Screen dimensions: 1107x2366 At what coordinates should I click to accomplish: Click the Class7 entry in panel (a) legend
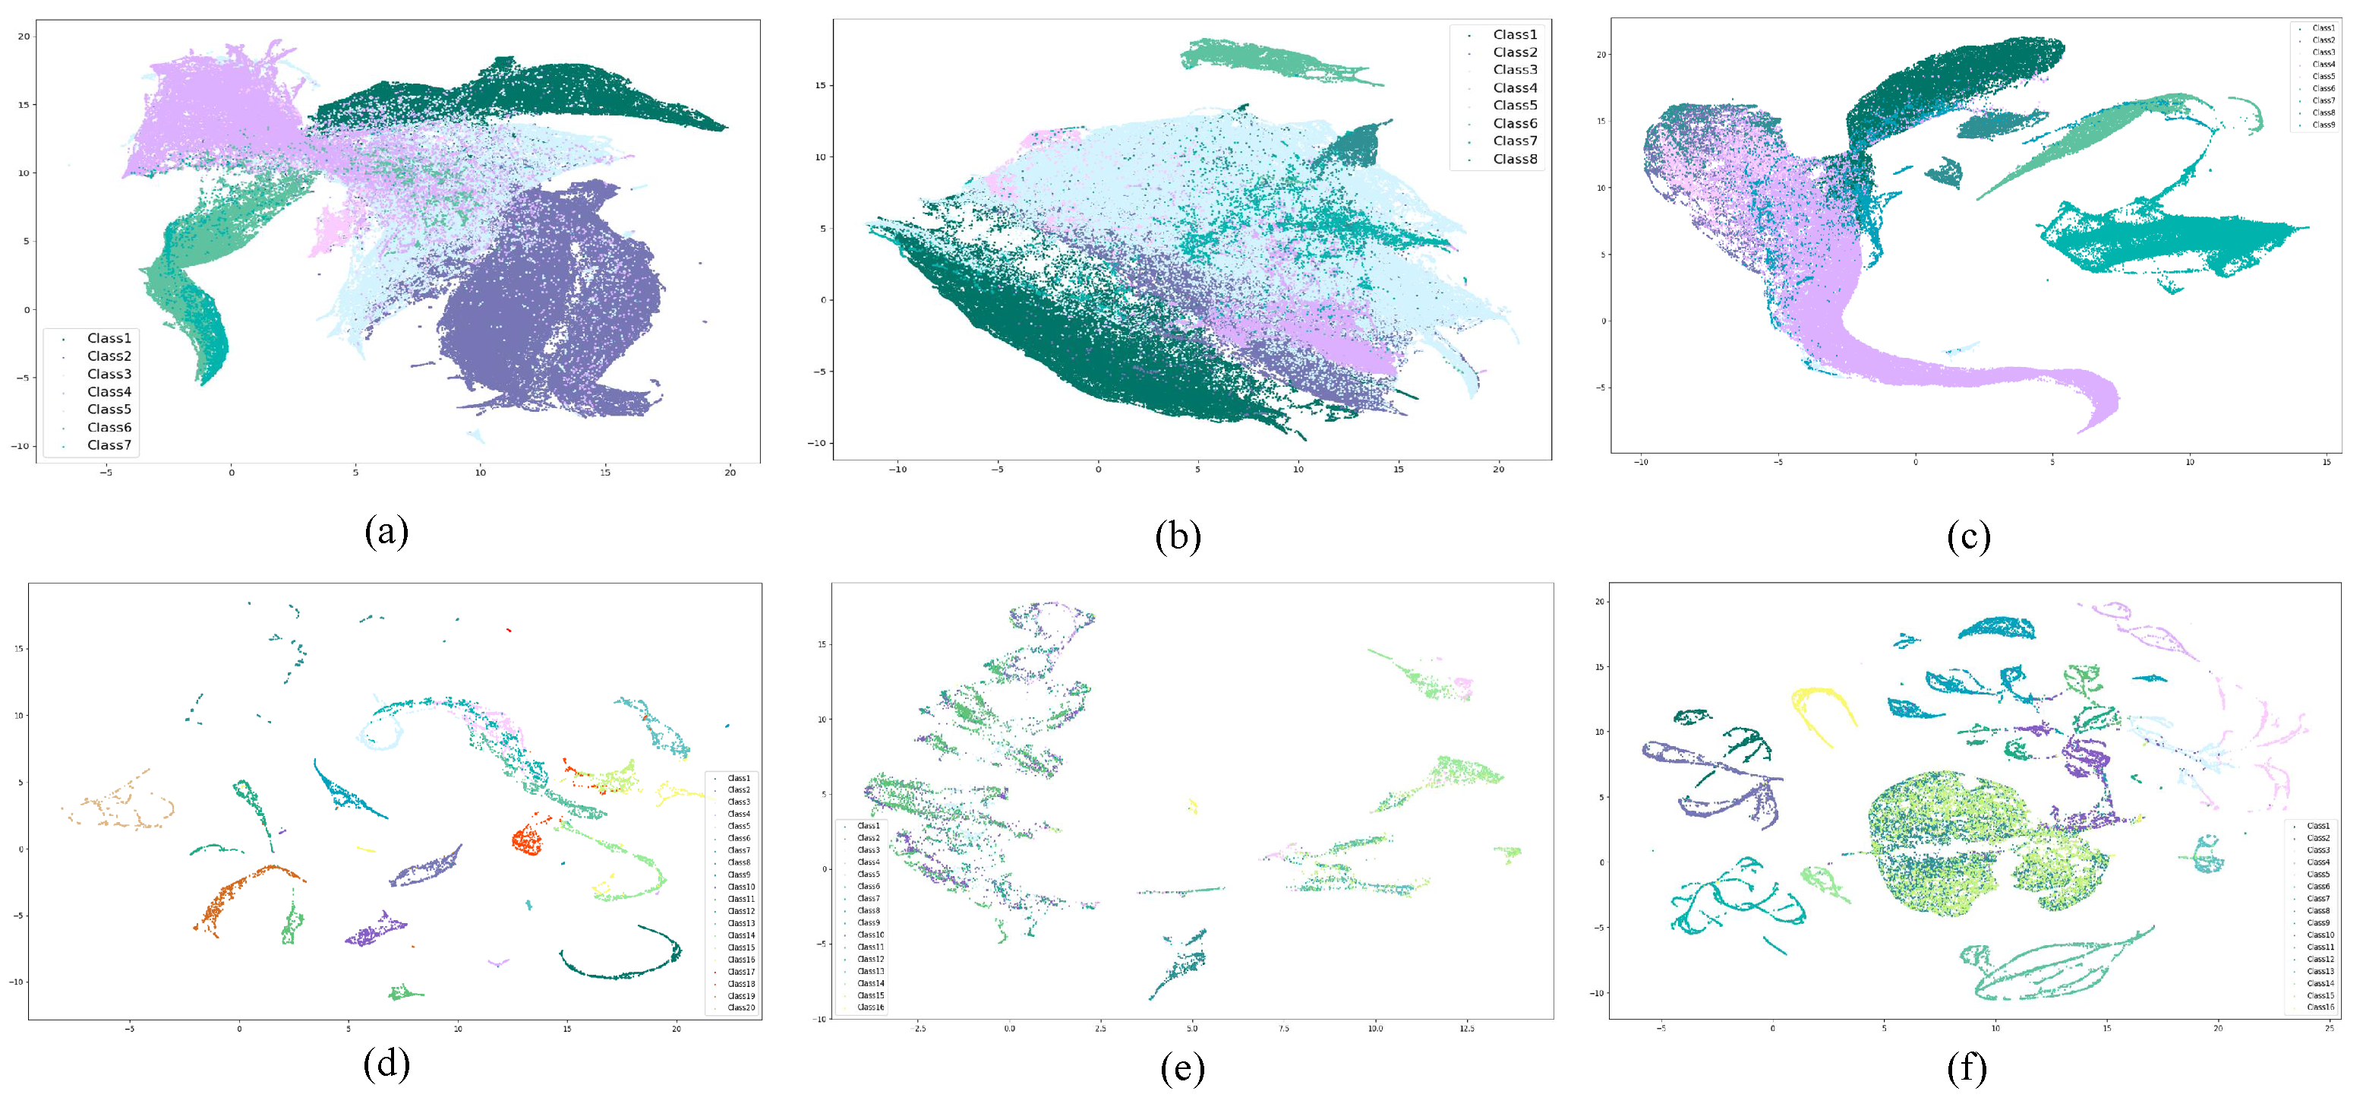[x=109, y=445]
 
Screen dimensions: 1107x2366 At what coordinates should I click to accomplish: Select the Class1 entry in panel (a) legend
[x=109, y=338]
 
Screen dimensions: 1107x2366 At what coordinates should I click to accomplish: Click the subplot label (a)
[x=386, y=532]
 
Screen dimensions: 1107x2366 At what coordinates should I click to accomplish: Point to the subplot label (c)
[x=1968, y=536]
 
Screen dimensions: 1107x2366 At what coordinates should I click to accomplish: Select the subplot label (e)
[x=1182, y=1067]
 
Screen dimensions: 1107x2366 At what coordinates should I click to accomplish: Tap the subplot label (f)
[x=1967, y=1067]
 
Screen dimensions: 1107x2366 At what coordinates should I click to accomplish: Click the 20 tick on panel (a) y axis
[x=24, y=36]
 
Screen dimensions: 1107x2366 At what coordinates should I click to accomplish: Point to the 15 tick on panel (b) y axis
[x=820, y=85]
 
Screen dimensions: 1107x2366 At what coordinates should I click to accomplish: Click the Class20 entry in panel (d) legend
[x=740, y=1007]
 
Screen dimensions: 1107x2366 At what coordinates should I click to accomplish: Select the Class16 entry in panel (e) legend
[x=870, y=1007]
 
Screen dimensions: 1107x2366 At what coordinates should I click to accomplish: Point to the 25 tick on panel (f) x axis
[x=2328, y=1028]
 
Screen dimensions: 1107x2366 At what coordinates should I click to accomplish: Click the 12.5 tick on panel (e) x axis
[x=1466, y=1028]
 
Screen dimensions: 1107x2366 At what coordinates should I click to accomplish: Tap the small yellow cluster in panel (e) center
[x=1192, y=807]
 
